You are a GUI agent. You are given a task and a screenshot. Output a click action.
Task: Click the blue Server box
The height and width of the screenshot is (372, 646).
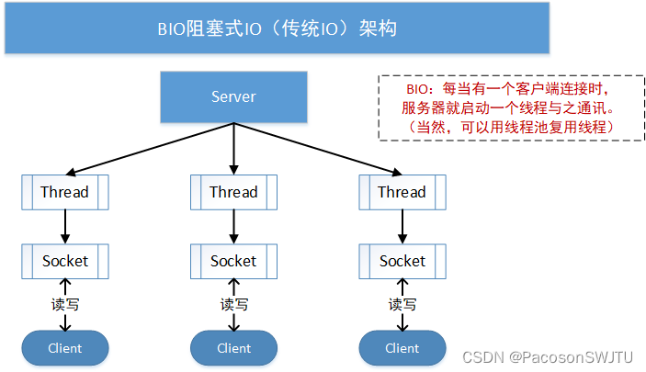[233, 96]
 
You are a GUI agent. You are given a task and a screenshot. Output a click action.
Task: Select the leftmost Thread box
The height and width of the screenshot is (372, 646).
[64, 192]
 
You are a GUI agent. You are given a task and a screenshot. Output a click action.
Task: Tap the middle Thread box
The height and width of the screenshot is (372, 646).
[233, 192]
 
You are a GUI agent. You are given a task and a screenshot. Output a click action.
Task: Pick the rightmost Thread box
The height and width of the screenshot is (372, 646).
[402, 192]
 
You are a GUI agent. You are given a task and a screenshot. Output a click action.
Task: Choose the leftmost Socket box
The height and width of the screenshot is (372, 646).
[64, 261]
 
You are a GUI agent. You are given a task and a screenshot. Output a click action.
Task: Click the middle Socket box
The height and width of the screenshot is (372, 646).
[233, 261]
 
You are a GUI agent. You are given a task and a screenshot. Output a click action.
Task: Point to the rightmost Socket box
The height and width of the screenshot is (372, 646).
[402, 261]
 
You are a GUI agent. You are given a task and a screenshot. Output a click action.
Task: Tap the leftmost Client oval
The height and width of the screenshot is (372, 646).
[64, 348]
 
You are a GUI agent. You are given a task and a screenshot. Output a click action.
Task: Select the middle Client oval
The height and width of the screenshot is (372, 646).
[233, 348]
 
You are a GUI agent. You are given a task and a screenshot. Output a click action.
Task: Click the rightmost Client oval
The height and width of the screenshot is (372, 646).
[402, 348]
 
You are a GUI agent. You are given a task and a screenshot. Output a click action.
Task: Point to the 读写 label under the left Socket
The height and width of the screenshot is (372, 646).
[64, 304]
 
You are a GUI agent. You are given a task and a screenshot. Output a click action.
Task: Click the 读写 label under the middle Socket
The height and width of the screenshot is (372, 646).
[233, 304]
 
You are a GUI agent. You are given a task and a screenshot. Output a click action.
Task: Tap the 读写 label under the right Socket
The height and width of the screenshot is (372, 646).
[402, 304]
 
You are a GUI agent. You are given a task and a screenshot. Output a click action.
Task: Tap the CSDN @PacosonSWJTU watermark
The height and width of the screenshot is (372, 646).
[549, 355]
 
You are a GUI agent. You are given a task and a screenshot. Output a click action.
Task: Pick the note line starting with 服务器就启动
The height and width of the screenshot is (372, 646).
[501, 108]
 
